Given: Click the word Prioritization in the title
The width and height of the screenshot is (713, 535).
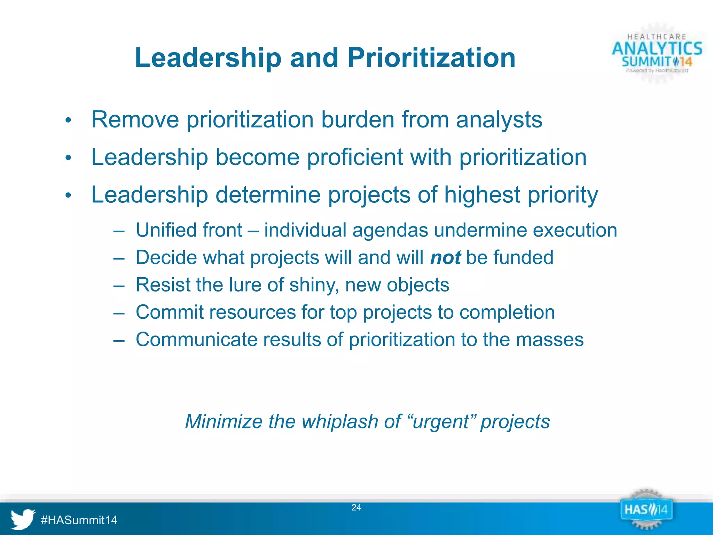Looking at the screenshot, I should tap(431, 58).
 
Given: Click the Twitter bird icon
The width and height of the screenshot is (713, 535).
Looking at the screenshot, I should tap(23, 519).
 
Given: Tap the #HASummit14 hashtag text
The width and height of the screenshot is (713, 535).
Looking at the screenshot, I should tap(79, 520).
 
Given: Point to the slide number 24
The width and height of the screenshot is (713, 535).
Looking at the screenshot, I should tap(356, 507).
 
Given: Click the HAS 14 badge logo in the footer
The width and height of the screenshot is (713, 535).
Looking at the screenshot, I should tap(646, 510).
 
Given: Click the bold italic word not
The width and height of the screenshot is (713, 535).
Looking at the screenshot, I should tap(445, 258).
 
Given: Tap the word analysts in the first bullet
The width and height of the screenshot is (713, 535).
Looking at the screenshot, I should tap(499, 120).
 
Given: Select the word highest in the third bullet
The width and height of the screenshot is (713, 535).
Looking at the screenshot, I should tap(482, 195).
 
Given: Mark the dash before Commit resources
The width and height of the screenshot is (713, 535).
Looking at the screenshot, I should tap(119, 312).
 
